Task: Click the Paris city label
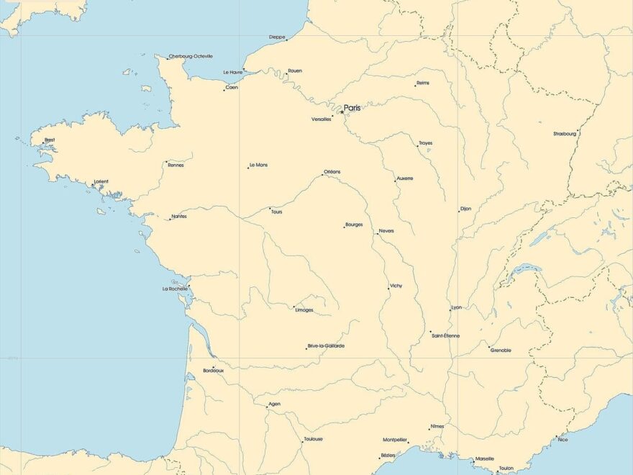[352, 108]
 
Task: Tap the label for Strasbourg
[565, 134]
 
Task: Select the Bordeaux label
[214, 371]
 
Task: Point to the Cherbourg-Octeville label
[191, 56]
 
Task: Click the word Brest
[50, 140]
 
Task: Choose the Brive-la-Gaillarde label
[327, 346]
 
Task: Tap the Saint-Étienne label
[446, 336]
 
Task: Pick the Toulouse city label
[313, 439]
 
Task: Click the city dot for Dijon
[459, 211]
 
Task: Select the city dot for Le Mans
[248, 168]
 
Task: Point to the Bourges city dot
[344, 227]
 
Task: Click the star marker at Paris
[342, 112]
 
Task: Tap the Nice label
[563, 439]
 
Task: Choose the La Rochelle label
[175, 289]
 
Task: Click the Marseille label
[485, 458]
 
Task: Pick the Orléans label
[332, 171]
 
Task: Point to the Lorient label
[101, 182]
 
